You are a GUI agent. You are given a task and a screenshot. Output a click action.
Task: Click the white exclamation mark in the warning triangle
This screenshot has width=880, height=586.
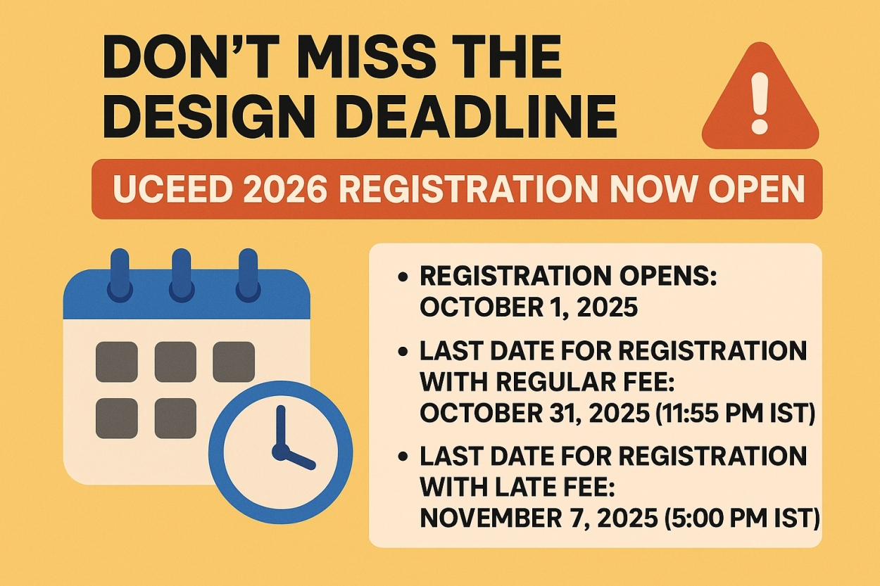(760, 103)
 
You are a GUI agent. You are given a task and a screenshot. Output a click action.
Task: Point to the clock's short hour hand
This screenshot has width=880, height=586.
(298, 459)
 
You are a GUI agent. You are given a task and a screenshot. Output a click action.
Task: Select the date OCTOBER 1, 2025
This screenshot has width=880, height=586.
(528, 307)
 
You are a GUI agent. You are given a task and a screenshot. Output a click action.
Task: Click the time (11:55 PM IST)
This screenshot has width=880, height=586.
(735, 414)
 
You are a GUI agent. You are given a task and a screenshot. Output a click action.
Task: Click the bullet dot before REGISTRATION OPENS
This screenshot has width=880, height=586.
(403, 277)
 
